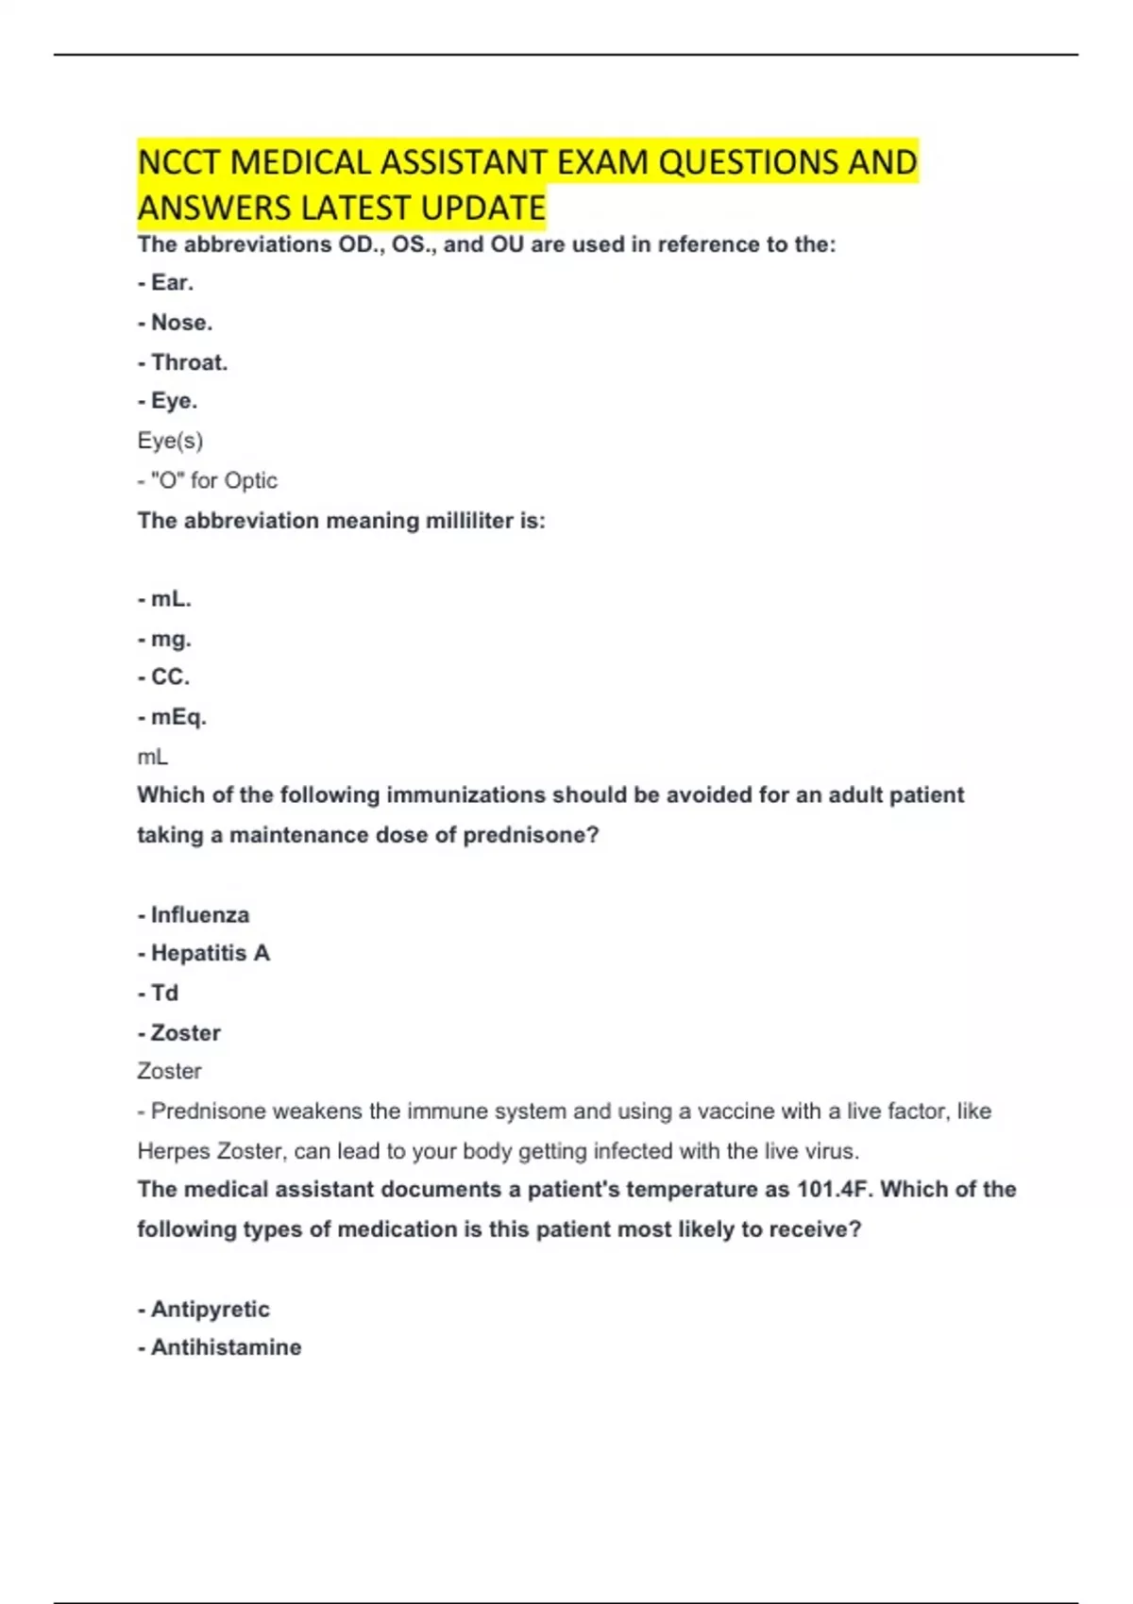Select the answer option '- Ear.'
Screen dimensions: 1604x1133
[x=165, y=283]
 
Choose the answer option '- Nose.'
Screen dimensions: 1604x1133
[x=175, y=323]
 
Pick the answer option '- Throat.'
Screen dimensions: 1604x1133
[x=182, y=362]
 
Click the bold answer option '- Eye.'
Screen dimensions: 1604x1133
[x=167, y=401]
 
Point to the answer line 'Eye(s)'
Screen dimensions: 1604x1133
[x=170, y=441]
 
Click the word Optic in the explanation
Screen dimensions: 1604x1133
[x=250, y=481]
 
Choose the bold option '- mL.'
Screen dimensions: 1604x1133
[x=164, y=599]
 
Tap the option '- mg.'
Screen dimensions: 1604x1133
[x=164, y=639]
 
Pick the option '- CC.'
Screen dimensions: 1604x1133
[x=163, y=677]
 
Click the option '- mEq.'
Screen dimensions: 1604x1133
[x=172, y=717]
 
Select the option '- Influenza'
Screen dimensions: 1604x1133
[x=194, y=915]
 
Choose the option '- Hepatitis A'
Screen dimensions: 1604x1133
[x=203, y=954]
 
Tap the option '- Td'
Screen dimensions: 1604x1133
[x=158, y=994]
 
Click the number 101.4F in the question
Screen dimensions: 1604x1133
[x=832, y=1190]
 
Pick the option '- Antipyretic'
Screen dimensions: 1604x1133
[x=203, y=1310]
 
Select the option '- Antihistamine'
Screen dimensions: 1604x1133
[x=219, y=1347]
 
